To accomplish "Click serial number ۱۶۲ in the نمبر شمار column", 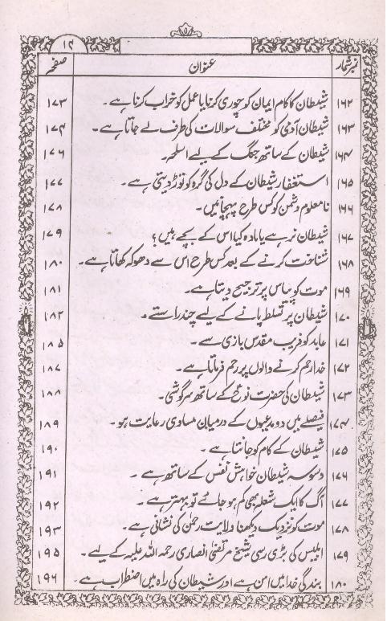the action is (354, 104).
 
